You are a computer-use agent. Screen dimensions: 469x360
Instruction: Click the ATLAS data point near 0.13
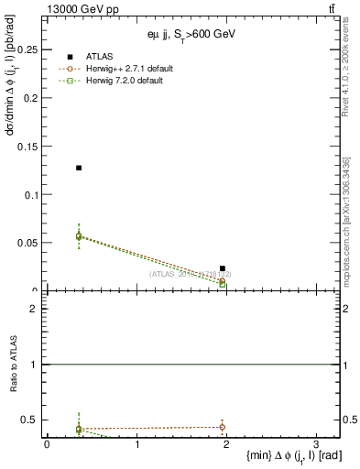(x=79, y=168)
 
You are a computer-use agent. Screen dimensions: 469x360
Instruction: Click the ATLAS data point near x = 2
(x=223, y=268)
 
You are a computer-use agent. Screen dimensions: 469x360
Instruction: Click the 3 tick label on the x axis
(x=316, y=444)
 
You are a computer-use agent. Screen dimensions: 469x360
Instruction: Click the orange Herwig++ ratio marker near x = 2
(x=223, y=426)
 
